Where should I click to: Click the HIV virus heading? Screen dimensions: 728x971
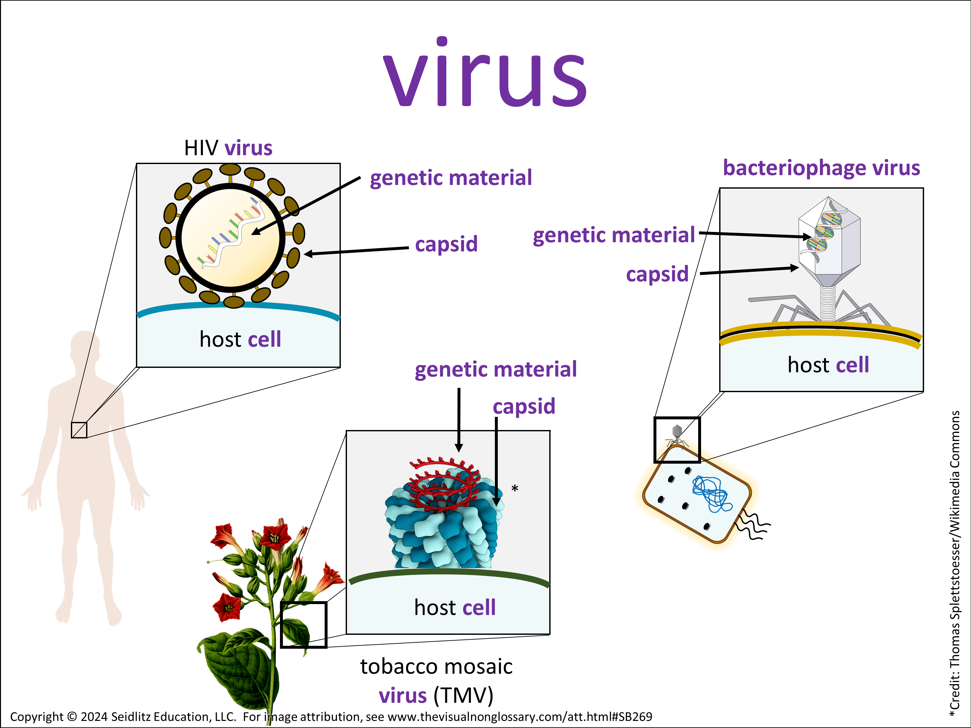pos(228,148)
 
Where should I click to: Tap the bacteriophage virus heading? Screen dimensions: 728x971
pos(821,168)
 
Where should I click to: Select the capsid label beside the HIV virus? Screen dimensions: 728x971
pos(446,244)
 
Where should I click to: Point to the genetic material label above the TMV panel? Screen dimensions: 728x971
pos(496,369)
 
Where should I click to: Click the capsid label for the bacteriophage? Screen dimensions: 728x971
pos(657,274)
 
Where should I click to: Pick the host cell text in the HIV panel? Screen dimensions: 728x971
pos(240,339)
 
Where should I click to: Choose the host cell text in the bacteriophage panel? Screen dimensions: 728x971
pos(828,365)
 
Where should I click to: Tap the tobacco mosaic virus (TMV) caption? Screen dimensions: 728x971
pos(436,681)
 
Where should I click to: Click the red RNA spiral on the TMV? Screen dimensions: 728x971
pos(443,483)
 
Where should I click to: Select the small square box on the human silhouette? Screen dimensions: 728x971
pos(79,430)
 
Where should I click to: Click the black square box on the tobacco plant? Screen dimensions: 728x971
pos(303,624)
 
